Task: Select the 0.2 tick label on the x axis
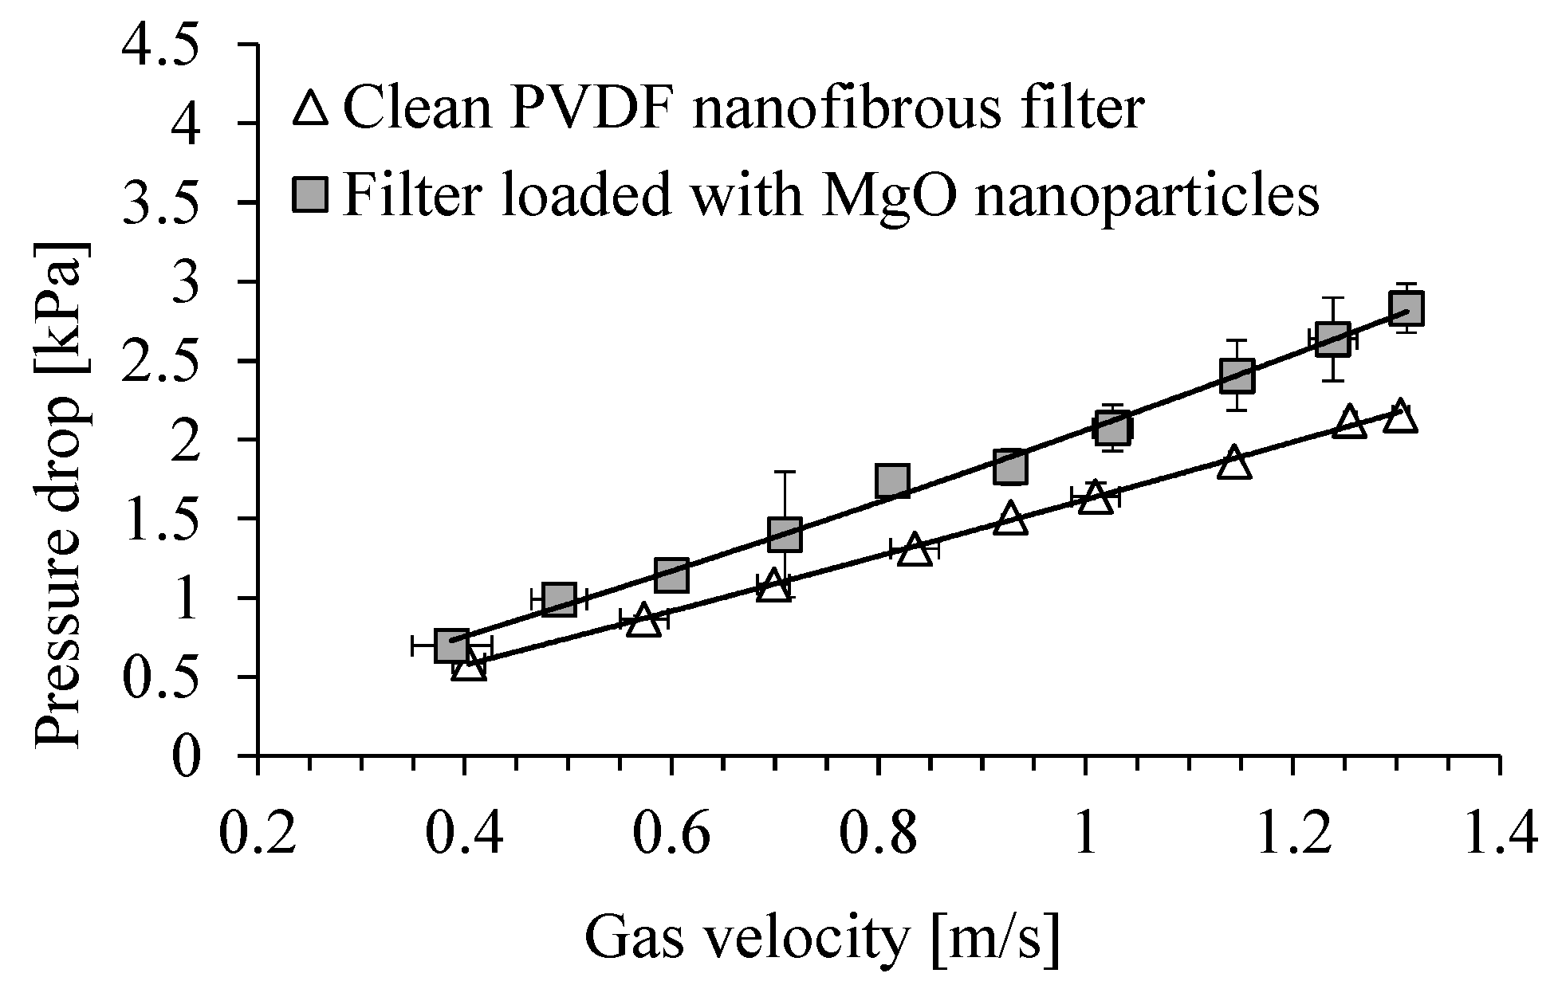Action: coord(257,832)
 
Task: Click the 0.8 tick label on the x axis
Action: coord(877,832)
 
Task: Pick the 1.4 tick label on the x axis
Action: coord(1499,832)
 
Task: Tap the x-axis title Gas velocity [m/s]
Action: coord(823,937)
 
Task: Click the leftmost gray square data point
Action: coord(452,646)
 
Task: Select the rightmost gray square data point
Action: coord(1407,308)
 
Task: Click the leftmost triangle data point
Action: coord(469,665)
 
